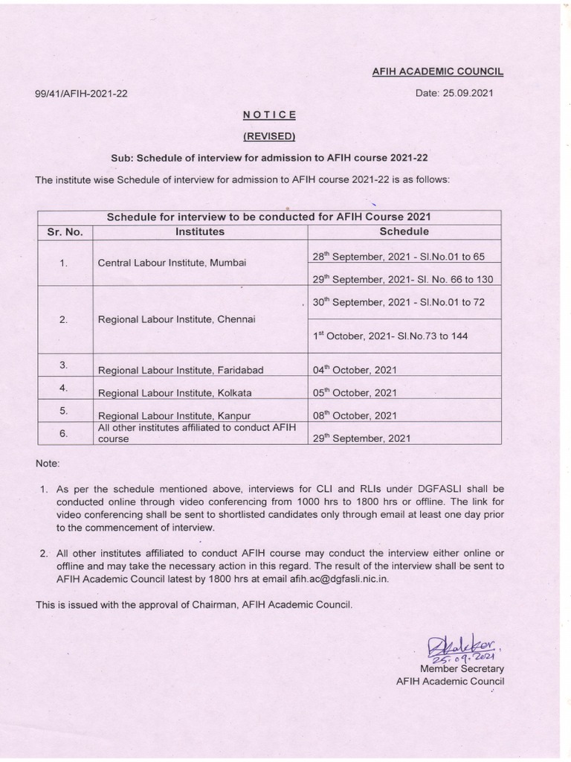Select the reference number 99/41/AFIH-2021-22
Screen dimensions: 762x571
pyautogui.click(x=81, y=95)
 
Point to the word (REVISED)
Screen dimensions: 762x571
pyautogui.click(x=270, y=136)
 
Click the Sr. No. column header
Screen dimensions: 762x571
pyautogui.click(x=65, y=232)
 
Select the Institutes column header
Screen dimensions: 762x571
pyautogui.click(x=199, y=232)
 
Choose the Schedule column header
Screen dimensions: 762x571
pyautogui.click(x=404, y=232)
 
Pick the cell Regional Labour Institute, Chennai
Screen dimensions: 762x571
pyautogui.click(x=176, y=319)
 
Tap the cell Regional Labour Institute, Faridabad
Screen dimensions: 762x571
pyautogui.click(x=181, y=370)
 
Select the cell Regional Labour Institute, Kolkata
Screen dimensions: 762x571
pyautogui.click(x=175, y=393)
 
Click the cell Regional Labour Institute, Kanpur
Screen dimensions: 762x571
pyautogui.click(x=174, y=416)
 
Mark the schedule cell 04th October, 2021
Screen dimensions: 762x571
pyautogui.click(x=355, y=370)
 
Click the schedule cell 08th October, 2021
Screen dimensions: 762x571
pyautogui.click(x=355, y=416)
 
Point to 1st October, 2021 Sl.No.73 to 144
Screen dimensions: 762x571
pyautogui.click(x=390, y=336)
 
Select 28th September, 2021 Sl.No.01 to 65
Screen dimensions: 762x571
pyautogui.click(x=399, y=257)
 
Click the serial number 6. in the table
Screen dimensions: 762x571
pyautogui.click(x=64, y=433)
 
